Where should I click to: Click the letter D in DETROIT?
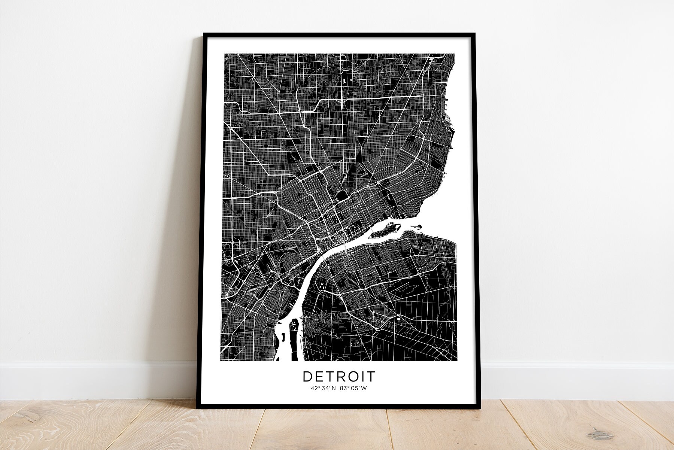click(x=307, y=377)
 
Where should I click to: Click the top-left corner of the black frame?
click(x=204, y=34)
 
